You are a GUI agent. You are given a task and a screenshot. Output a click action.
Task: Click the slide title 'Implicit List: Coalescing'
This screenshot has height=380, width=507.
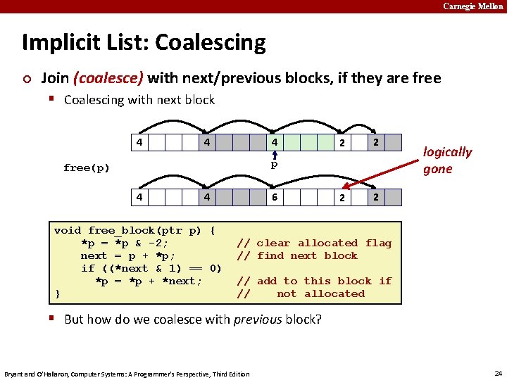pos(144,43)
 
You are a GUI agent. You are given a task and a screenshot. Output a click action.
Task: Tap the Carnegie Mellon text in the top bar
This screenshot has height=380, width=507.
pos(473,6)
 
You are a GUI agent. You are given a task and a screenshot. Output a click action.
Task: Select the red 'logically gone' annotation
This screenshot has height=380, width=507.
pos(446,160)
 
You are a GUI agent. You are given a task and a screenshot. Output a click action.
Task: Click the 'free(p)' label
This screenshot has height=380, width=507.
pos(87,167)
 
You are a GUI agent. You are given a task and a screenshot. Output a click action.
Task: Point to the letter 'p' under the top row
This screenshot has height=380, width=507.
pos(275,165)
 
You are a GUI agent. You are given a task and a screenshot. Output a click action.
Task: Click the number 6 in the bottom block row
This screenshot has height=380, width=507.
pos(275,197)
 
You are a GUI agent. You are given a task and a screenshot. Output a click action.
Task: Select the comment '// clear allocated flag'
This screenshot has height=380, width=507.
pos(314,243)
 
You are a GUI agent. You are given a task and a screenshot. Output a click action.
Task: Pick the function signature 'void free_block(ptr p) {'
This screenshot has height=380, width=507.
pos(134,230)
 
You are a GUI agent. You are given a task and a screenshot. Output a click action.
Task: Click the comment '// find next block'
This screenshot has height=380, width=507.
pos(297,255)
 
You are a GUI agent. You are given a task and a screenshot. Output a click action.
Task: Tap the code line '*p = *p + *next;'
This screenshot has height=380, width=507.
pos(149,281)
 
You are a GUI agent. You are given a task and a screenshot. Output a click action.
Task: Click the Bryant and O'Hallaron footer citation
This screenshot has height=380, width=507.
pos(127,374)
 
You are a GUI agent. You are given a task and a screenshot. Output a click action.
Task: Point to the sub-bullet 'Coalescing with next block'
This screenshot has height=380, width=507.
pos(139,100)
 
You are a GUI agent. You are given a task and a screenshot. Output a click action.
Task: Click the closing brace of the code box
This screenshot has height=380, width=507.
pos(57,293)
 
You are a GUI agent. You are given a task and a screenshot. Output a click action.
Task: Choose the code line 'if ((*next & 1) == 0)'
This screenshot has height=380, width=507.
pos(151,268)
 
